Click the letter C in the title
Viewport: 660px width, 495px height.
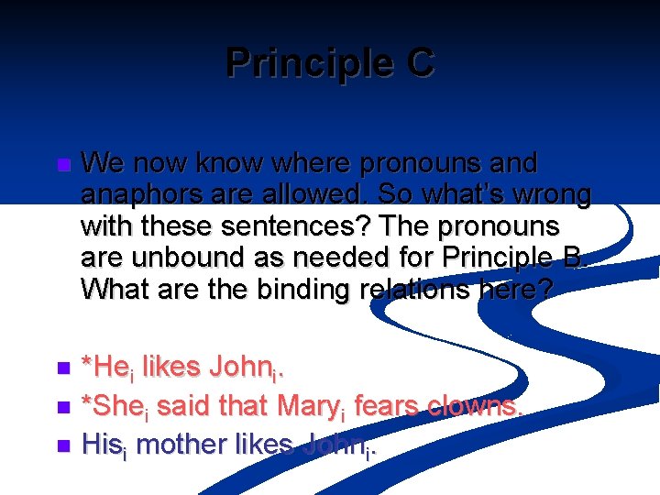point(416,63)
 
